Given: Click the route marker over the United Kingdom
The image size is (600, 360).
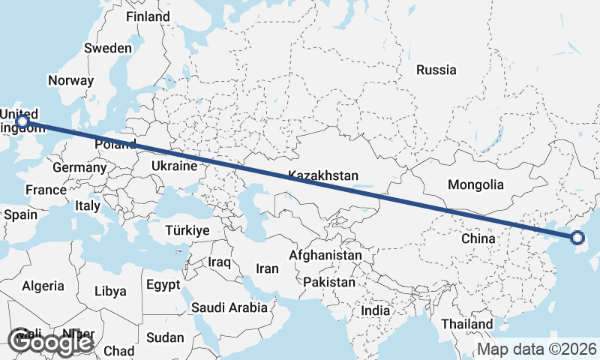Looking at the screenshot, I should pos(22,121).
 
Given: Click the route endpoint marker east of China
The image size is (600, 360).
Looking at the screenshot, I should pos(577,238).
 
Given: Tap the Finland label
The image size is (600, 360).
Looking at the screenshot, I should pos(148,16).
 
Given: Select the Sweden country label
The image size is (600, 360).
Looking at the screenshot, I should pos(108,48).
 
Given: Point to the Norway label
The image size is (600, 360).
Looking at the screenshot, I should pos(70,80).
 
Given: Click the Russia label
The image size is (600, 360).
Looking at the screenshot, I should pos(436,70).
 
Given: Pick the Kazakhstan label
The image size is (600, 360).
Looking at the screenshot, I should pos(323,175).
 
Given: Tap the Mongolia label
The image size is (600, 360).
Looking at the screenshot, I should pos(475,184).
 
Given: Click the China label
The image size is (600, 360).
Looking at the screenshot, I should pos(478,238).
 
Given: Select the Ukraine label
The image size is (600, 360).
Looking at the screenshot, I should pos(174,166).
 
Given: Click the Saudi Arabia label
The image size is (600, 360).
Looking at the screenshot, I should pos(229,307).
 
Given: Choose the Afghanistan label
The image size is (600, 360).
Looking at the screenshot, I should pos(326,256).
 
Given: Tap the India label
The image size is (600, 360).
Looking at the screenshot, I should pos(375,310).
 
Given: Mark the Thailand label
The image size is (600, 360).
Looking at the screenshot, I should pos(466,324).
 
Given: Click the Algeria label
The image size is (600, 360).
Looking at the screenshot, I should pos(43,286).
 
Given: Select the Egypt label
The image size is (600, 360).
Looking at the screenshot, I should pos(163,285).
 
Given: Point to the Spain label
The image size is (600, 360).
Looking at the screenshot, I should pos(20,214).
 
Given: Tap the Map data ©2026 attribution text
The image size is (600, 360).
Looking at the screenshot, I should pos(537,349).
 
